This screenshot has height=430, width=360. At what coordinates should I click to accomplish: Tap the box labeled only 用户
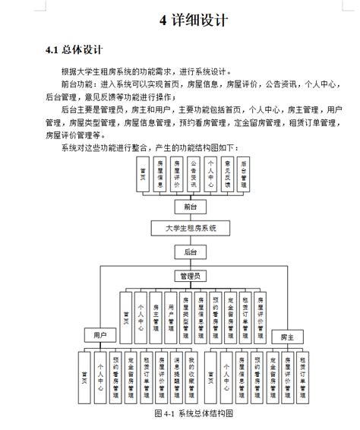99,334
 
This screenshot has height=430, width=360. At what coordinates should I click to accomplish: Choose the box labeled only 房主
287,335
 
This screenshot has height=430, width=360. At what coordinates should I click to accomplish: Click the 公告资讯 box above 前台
194,175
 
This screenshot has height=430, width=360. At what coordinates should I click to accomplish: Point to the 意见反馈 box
227,175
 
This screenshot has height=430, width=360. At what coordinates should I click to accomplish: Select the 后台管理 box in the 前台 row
244,175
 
